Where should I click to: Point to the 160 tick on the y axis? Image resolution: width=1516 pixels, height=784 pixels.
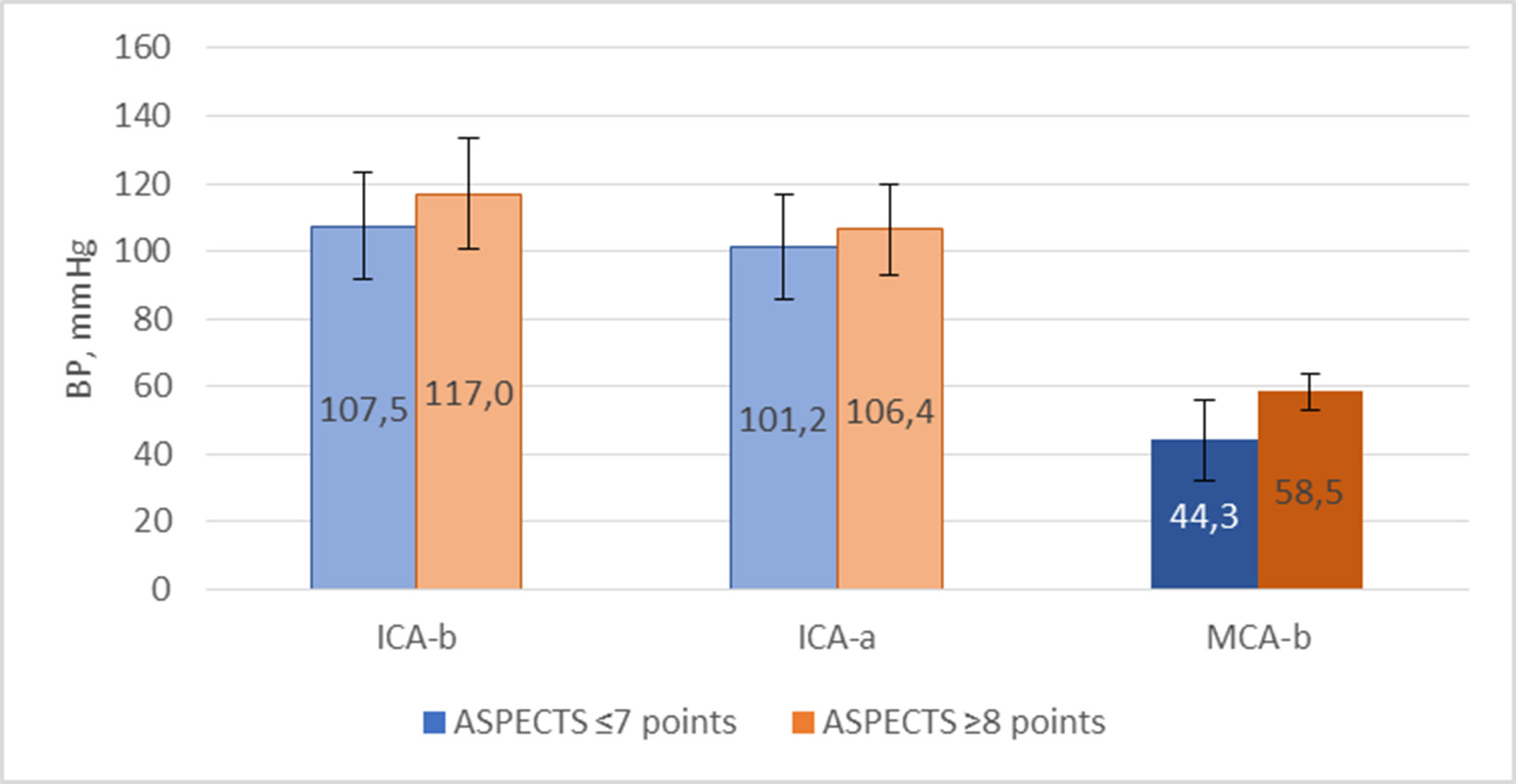pyautogui.click(x=142, y=47)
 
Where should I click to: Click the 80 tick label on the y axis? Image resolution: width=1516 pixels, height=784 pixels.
pyautogui.click(x=151, y=319)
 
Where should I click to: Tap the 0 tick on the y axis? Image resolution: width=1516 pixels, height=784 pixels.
pyautogui.click(x=160, y=589)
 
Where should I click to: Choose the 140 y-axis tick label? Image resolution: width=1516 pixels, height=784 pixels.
pyautogui.click(x=142, y=116)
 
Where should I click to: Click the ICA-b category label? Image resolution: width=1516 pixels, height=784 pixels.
pyautogui.click(x=416, y=637)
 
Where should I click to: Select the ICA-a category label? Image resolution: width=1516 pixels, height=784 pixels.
pyautogui.click(x=836, y=637)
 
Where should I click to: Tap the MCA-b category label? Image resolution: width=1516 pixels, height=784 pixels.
pyautogui.click(x=1258, y=637)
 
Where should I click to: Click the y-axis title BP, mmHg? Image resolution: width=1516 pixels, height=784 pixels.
pyautogui.click(x=81, y=318)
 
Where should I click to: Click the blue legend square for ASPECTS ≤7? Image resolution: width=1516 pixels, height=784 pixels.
pyautogui.click(x=434, y=723)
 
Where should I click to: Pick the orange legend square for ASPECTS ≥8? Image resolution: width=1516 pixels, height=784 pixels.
pyautogui.click(x=802, y=723)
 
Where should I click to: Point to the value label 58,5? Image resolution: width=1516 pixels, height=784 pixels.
pyautogui.click(x=1309, y=492)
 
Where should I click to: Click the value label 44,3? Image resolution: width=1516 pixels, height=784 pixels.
pyautogui.click(x=1203, y=516)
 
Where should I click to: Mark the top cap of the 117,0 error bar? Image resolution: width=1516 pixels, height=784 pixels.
pyautogui.click(x=468, y=138)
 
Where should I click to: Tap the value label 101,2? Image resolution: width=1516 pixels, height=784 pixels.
pyautogui.click(x=783, y=420)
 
